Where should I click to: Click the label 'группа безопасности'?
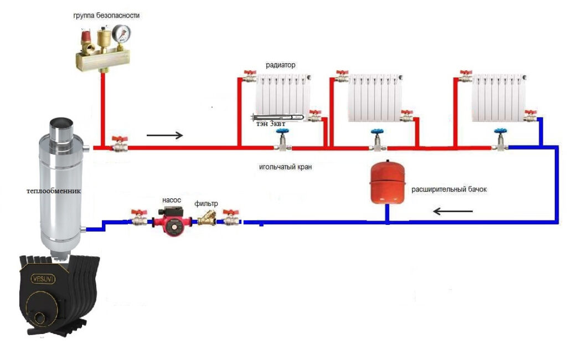106,16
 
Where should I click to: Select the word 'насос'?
169,199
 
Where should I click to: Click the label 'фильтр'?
207,204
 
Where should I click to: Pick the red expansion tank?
388,182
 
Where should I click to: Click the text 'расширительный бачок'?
449,189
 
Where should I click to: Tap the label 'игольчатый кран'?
282,166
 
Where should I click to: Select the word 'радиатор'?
280,65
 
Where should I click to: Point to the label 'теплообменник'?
54,191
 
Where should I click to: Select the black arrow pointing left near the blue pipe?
452,211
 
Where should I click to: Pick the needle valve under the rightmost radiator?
501,141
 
